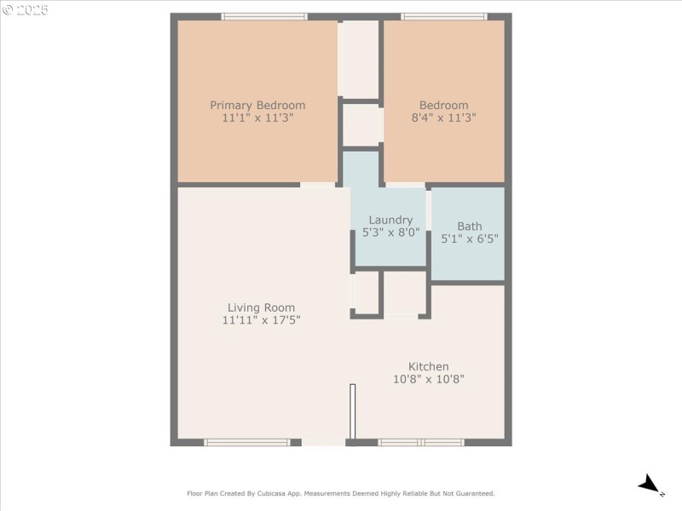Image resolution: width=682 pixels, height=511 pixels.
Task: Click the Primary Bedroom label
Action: pos(257,105)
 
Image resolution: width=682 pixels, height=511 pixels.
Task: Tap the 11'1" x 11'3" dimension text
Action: pos(257,118)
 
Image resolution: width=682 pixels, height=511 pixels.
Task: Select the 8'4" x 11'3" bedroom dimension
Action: pos(443,118)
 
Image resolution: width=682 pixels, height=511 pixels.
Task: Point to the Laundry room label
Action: pos(390,221)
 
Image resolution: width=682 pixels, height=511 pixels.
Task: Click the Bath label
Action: pos(470,227)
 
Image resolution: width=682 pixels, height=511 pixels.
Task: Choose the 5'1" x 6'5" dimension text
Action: pos(470,238)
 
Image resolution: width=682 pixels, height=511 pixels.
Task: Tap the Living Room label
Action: pos(261,307)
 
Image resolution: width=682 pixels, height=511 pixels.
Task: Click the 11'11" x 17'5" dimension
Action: pos(261,320)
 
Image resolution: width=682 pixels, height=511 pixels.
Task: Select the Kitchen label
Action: pos(429,366)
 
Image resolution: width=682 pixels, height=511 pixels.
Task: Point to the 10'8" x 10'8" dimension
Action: pos(429,379)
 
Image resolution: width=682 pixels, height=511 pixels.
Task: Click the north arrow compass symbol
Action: pos(650,485)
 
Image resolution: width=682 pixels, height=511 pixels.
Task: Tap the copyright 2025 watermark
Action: pos(26,10)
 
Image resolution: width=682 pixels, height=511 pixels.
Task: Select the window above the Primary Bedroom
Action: pos(264,16)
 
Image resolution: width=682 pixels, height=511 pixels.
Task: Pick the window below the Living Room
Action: pos(247,442)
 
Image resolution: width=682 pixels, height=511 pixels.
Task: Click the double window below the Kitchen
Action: pos(421,442)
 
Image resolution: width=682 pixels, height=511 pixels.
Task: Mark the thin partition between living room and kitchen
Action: pos(353,411)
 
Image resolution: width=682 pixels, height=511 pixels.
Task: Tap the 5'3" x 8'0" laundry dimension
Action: pos(390,233)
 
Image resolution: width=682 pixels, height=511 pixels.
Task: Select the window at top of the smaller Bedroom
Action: pos(443,16)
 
